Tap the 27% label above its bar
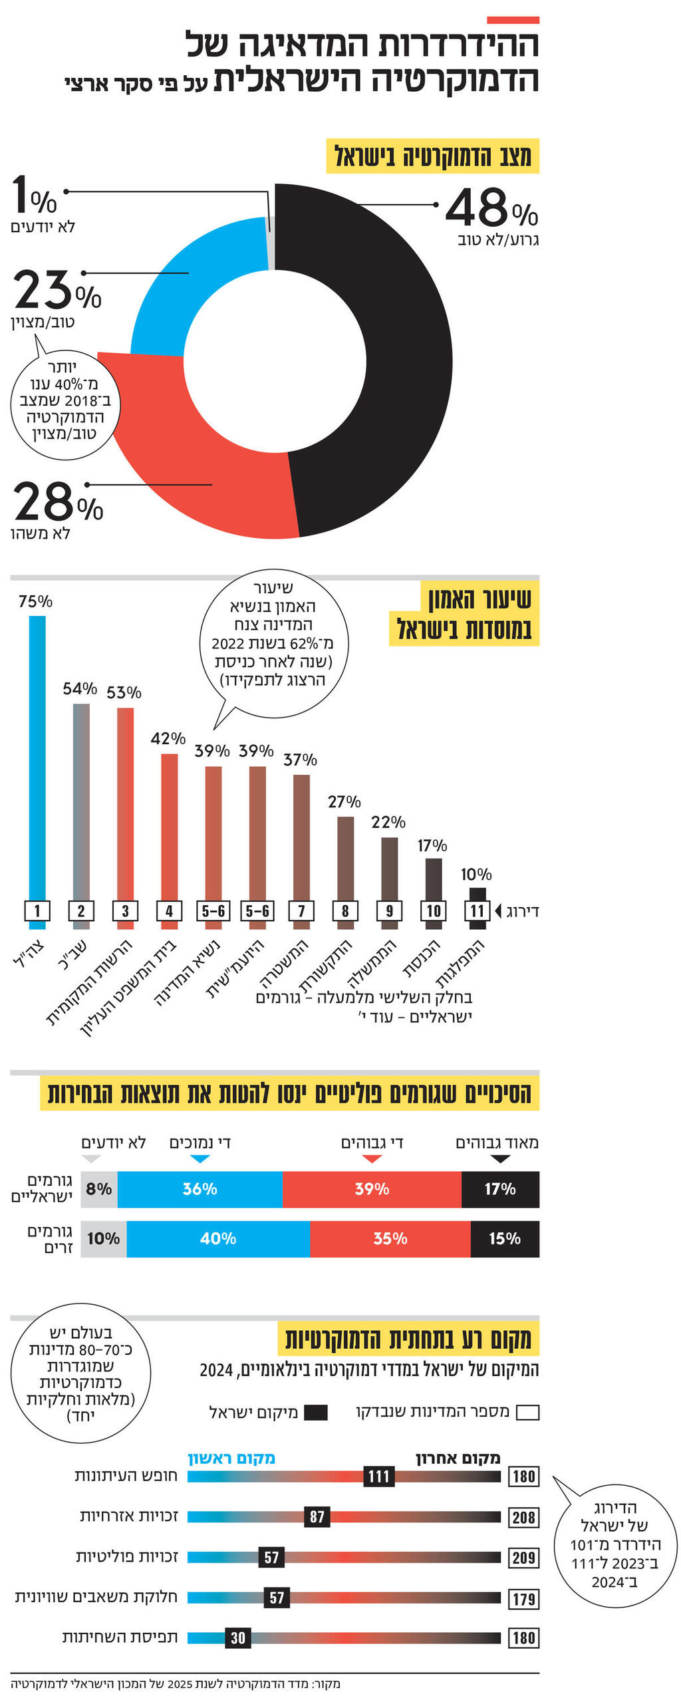tap(344, 801)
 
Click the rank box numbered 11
tap(477, 911)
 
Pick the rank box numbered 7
tap(301, 911)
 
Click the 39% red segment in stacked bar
tap(371, 1189)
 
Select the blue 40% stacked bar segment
tap(217, 1238)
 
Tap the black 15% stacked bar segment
tap(504, 1238)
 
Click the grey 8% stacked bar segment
tap(98, 1189)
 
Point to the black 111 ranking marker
tap(378, 1476)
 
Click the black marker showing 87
tap(317, 1516)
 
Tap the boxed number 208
tap(523, 1517)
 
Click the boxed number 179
tap(523, 1598)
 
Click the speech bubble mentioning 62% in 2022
tap(273, 642)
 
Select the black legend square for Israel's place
tap(315, 1412)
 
